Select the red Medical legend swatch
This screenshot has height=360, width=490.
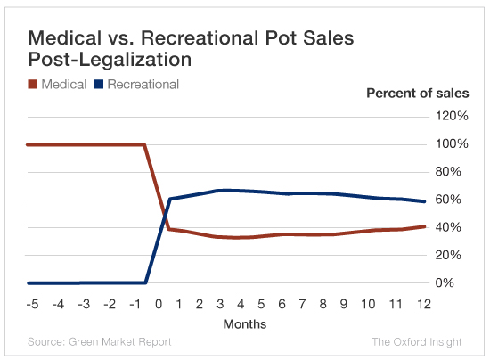(33, 85)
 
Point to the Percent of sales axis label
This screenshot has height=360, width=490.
(418, 93)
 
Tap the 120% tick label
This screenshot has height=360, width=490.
(451, 116)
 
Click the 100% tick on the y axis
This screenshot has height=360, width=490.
(451, 144)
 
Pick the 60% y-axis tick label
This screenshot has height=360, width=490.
(451, 200)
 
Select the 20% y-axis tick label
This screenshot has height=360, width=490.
(451, 255)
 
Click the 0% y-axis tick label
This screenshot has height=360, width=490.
(451, 283)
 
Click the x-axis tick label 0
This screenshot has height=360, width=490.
(159, 305)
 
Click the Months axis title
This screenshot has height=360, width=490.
(244, 323)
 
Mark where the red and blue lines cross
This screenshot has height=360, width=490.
(164, 214)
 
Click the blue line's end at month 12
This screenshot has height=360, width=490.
(425, 201)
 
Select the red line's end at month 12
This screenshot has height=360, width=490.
(425, 226)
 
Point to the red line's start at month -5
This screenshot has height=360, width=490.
(29, 144)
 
